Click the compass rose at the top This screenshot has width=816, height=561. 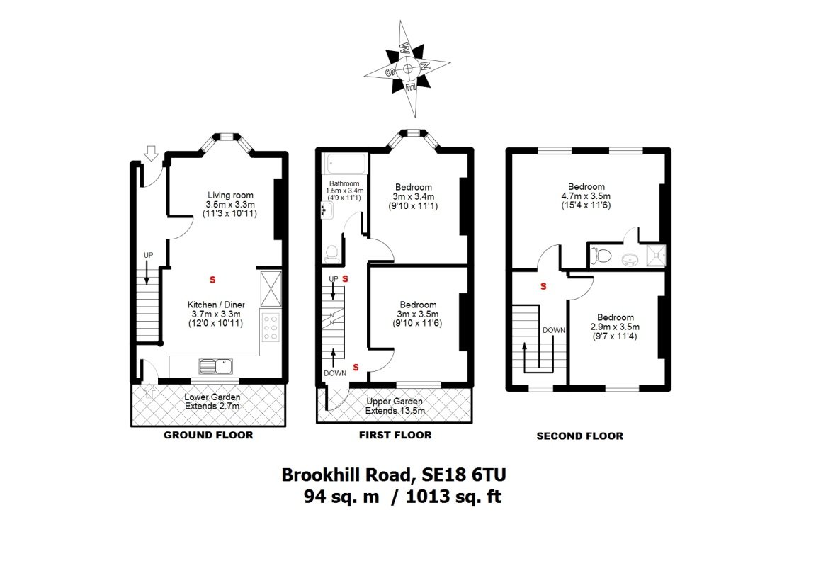(x=407, y=68)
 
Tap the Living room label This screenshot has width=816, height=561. (x=230, y=204)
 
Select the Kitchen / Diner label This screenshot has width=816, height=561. (x=215, y=314)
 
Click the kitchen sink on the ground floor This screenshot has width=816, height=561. (x=216, y=366)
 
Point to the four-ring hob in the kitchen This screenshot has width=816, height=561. (x=271, y=327)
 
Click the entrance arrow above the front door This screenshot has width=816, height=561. (x=151, y=153)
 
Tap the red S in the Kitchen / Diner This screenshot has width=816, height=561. (x=212, y=280)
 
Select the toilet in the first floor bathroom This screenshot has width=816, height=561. (x=331, y=254)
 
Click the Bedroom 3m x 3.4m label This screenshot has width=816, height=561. (x=414, y=196)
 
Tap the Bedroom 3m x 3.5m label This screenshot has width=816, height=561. (x=418, y=314)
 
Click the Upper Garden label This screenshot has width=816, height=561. (x=395, y=406)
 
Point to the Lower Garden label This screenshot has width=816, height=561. (x=212, y=401)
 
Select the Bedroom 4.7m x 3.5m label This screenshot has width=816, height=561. (x=586, y=195)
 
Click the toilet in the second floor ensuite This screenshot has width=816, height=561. (x=601, y=256)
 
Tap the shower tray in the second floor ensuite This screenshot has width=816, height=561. (x=656, y=256)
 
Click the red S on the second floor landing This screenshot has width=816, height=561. (x=543, y=286)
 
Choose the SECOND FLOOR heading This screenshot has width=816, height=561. (x=579, y=436)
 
